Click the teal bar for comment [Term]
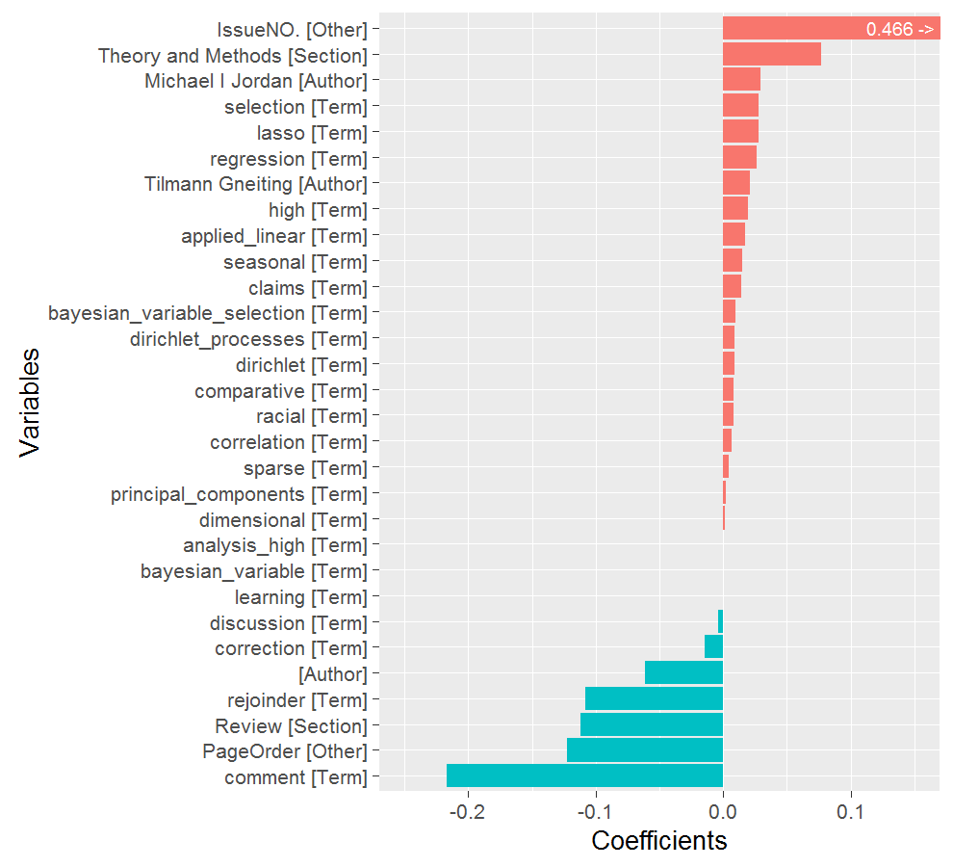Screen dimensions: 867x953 (x=584, y=776)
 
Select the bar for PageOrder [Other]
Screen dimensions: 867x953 (x=645, y=750)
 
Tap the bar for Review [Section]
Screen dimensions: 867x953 (x=652, y=724)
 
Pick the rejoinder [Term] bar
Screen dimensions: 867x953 (x=654, y=698)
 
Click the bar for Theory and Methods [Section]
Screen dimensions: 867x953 (x=772, y=55)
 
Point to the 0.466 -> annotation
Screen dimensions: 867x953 (x=899, y=29)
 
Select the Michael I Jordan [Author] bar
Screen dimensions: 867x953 (x=741, y=80)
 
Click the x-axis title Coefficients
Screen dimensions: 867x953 (x=659, y=841)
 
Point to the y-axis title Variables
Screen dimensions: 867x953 (x=31, y=402)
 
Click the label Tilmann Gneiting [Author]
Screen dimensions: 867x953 (x=256, y=183)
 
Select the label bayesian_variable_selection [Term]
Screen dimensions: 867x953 (x=208, y=312)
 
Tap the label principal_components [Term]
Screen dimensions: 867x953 (x=239, y=494)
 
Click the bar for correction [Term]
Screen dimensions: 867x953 (x=713, y=646)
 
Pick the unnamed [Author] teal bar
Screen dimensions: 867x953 (x=683, y=672)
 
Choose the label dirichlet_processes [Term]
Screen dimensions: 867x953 (x=248, y=338)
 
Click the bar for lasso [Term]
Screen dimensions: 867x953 (x=740, y=132)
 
